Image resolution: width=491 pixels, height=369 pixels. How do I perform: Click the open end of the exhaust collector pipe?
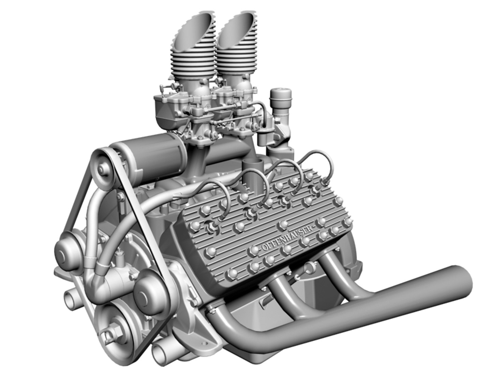coord(464,282)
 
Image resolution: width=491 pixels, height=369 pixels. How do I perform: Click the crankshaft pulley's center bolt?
coord(113,330)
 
